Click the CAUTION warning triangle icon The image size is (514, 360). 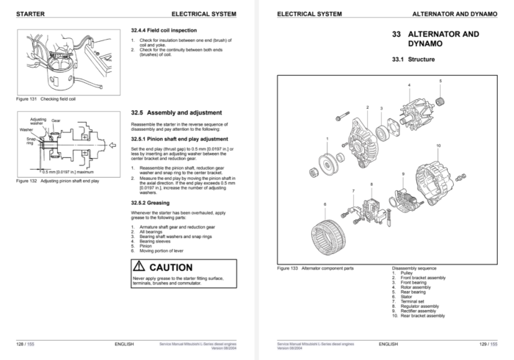point(140,267)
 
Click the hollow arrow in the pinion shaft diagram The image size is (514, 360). point(111,147)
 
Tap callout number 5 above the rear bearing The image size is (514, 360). point(441,80)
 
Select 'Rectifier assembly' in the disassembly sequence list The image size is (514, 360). point(421,311)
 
